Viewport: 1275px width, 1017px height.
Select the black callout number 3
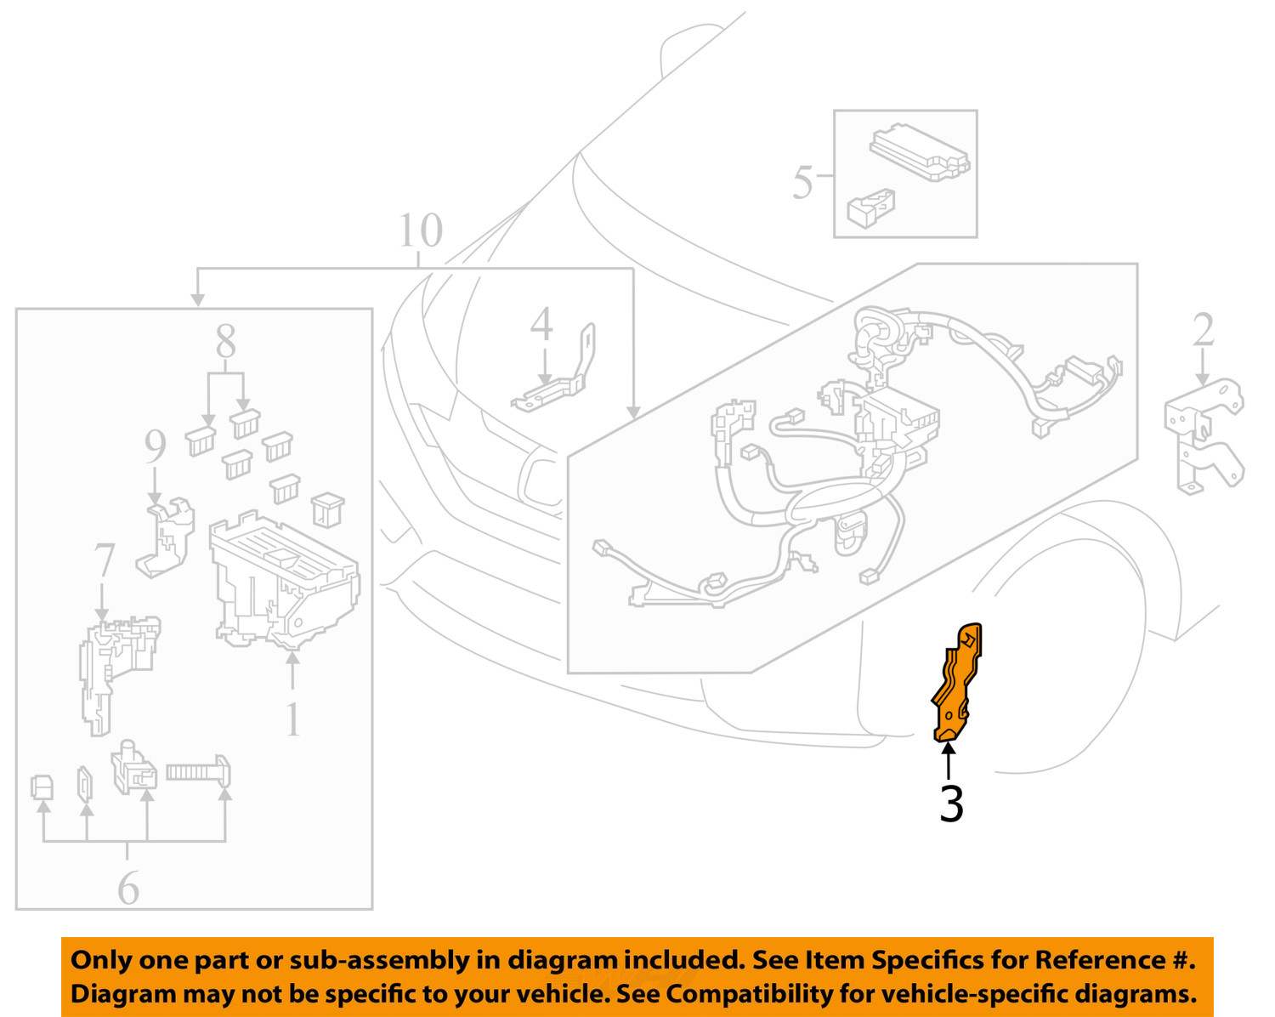(951, 804)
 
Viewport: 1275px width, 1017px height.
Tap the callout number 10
(421, 230)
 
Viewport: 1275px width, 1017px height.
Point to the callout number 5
(802, 183)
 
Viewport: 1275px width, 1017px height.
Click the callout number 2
(1204, 330)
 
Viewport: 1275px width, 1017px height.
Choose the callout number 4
(541, 324)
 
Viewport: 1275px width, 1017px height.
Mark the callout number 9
(156, 446)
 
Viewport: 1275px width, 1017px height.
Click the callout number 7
(104, 560)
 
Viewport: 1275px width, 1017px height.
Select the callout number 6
(128, 888)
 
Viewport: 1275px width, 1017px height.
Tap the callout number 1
(292, 719)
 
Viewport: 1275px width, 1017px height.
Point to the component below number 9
(165, 537)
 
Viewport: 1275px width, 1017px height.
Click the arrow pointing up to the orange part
(949, 761)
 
